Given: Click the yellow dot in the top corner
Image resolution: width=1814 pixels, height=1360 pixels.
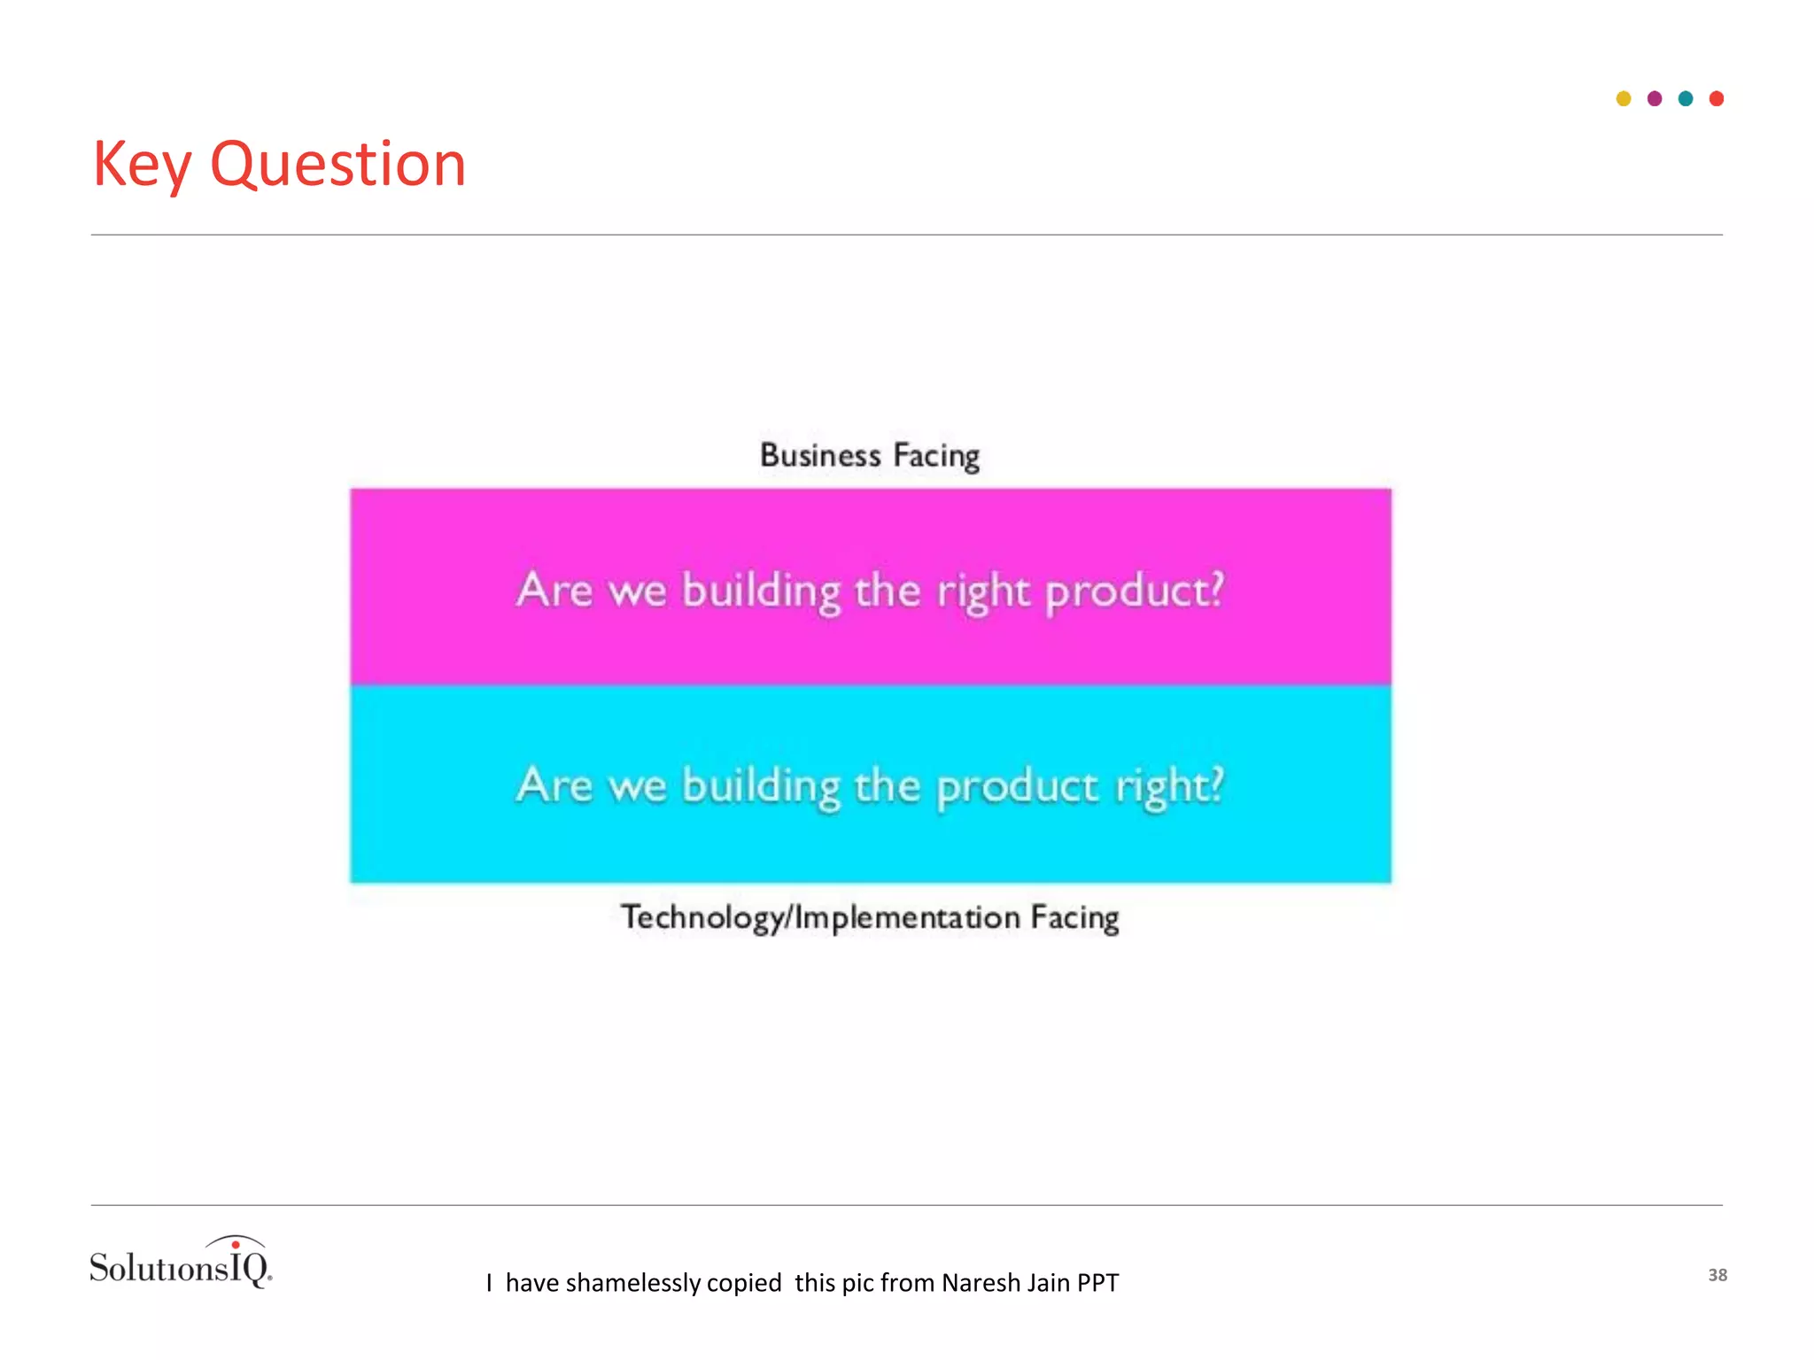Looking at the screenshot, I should (1624, 98).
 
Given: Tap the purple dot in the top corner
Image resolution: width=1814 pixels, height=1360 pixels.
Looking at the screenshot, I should (1655, 98).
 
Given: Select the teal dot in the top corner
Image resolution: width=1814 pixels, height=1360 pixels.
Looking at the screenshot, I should (1686, 98).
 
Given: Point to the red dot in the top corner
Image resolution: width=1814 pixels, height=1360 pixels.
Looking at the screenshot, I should (1717, 98).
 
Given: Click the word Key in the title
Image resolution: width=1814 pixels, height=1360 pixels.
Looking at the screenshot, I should (142, 166).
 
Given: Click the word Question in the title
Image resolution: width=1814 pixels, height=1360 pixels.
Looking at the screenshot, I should (337, 166).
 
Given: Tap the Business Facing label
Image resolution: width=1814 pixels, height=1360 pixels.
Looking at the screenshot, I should (870, 456).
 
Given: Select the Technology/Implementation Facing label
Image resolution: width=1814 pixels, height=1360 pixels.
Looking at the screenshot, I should (870, 917).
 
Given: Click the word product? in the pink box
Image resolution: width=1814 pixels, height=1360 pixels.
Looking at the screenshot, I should (1135, 591).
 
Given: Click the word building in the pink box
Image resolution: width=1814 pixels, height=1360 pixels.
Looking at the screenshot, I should (761, 591).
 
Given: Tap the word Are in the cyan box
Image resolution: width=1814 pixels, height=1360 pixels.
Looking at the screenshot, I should (554, 785).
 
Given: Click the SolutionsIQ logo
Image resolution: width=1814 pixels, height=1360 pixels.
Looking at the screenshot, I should (181, 1263).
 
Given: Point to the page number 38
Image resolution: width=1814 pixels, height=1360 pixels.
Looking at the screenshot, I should (1717, 1275).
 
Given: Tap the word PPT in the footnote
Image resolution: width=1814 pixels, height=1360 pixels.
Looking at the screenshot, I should (1097, 1283).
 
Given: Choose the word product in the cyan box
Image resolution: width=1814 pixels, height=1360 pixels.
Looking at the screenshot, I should (1017, 786).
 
